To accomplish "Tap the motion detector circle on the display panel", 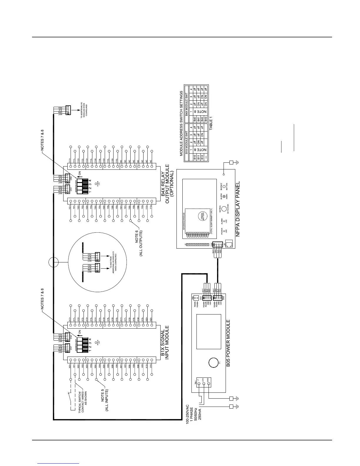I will [x=224, y=209].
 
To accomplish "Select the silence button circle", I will [x=224, y=186].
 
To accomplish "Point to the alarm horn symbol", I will [x=224, y=196].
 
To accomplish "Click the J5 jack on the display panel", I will [x=230, y=243].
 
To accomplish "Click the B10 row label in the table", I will [x=195, y=159].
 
